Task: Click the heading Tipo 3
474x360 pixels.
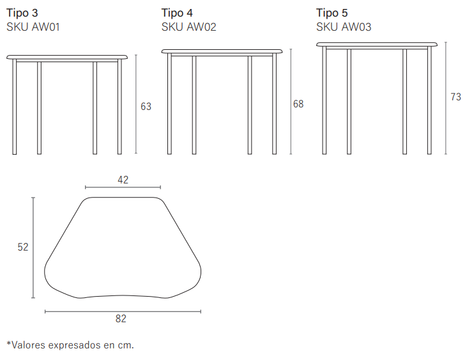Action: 22,13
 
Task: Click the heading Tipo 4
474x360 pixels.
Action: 177,13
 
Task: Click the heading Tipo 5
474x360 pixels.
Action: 332,13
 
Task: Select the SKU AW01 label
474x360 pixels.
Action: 33,27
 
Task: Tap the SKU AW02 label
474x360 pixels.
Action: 188,27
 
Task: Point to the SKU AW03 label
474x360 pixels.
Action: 344,27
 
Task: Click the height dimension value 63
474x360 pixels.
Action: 146,107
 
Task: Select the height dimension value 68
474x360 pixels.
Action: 298,104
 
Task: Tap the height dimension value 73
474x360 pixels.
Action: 456,97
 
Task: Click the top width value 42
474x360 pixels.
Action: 123,180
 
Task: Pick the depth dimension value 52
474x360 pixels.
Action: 23,247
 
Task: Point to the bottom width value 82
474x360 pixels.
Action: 121,318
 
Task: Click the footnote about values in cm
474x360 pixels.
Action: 70,345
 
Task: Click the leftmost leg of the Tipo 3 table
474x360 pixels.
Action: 15,107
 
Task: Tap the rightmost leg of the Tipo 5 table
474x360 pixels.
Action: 429,100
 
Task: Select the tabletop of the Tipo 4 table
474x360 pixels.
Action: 222,51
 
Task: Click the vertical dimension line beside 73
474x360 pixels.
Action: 446,98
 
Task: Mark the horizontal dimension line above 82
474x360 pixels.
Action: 123,311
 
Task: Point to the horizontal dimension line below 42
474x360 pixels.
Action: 123,187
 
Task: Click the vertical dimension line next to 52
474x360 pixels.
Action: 33,247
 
